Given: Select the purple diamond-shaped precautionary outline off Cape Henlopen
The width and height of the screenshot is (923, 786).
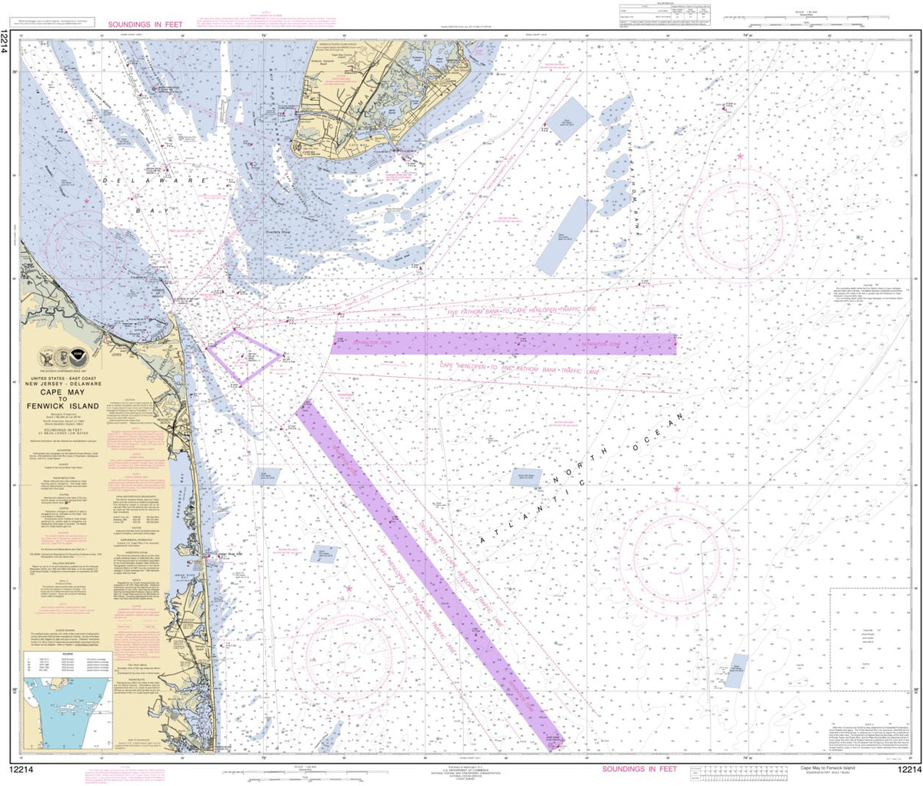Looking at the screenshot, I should [x=243, y=357].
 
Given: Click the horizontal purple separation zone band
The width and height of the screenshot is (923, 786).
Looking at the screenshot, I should [x=504, y=344].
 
